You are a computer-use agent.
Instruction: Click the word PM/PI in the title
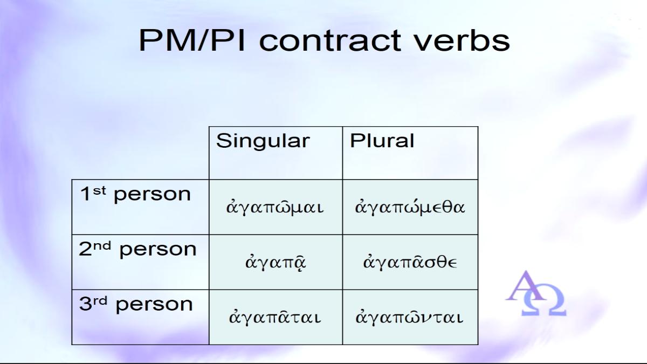click(192, 40)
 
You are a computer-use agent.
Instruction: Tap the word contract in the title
click(330, 41)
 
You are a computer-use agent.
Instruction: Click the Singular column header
click(263, 141)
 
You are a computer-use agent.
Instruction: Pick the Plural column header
click(382, 141)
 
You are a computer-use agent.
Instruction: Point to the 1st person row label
click(135, 194)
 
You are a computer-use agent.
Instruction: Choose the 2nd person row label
click(137, 249)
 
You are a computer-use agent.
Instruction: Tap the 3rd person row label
click(136, 305)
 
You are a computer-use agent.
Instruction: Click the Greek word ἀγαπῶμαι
click(274, 207)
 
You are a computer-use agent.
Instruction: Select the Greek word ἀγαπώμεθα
click(410, 207)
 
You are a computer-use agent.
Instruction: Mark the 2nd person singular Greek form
click(276, 262)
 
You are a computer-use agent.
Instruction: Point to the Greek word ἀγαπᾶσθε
click(410, 262)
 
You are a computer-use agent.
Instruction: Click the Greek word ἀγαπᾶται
click(274, 317)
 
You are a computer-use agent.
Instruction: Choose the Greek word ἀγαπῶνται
click(409, 317)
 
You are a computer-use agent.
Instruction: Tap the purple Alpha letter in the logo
click(526, 286)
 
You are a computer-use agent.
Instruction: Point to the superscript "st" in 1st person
click(99, 190)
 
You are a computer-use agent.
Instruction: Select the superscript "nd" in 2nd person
click(102, 245)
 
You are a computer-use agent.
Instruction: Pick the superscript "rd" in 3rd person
click(100, 301)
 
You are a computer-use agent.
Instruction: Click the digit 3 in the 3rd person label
click(85, 304)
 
